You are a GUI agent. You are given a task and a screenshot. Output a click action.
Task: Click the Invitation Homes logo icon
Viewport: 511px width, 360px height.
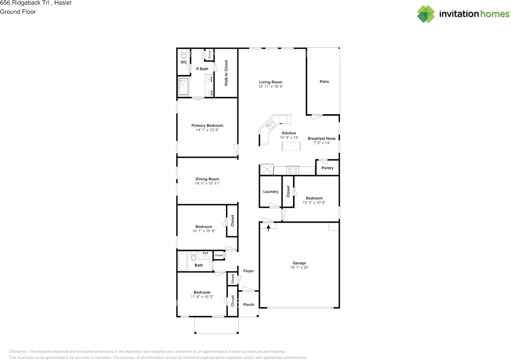point(426,14)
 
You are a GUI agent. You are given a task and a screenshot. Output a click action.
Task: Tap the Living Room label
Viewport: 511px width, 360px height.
point(271,82)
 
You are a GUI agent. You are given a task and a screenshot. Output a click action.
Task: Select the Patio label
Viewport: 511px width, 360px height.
point(324,81)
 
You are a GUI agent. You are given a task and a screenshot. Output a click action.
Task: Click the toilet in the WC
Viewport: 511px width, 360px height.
point(184,54)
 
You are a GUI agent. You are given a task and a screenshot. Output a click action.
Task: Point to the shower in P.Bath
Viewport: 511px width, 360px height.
point(183,87)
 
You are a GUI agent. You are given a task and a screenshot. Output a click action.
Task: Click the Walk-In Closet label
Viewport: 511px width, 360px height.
point(226,73)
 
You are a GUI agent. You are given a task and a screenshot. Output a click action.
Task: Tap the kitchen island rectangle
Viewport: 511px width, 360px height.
point(291,146)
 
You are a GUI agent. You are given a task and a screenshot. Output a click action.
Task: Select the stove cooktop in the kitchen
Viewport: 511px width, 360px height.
point(293,170)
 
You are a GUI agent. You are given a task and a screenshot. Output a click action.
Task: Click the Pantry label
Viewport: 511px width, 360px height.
point(327,168)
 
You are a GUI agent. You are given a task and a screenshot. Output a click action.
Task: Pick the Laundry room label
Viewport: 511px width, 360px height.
point(271,192)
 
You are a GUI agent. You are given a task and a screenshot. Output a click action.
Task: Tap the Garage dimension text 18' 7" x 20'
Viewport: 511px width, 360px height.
point(299,267)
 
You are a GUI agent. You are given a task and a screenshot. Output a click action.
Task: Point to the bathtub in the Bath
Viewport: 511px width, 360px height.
point(182,261)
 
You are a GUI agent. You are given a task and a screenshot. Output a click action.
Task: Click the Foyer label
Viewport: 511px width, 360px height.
point(248,271)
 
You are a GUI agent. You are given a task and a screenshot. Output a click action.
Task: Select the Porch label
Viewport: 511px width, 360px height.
point(248,305)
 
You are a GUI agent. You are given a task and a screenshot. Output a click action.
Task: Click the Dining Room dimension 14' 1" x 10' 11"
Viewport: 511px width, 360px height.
point(207,184)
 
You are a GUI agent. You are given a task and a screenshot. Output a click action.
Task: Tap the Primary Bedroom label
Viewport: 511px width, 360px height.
point(207,125)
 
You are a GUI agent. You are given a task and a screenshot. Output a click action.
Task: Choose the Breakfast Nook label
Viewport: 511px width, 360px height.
point(322,138)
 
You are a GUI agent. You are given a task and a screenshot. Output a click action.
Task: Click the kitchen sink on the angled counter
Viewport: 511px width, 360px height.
point(271,125)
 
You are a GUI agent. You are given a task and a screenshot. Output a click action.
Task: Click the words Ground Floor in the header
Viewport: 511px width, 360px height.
point(18,12)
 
